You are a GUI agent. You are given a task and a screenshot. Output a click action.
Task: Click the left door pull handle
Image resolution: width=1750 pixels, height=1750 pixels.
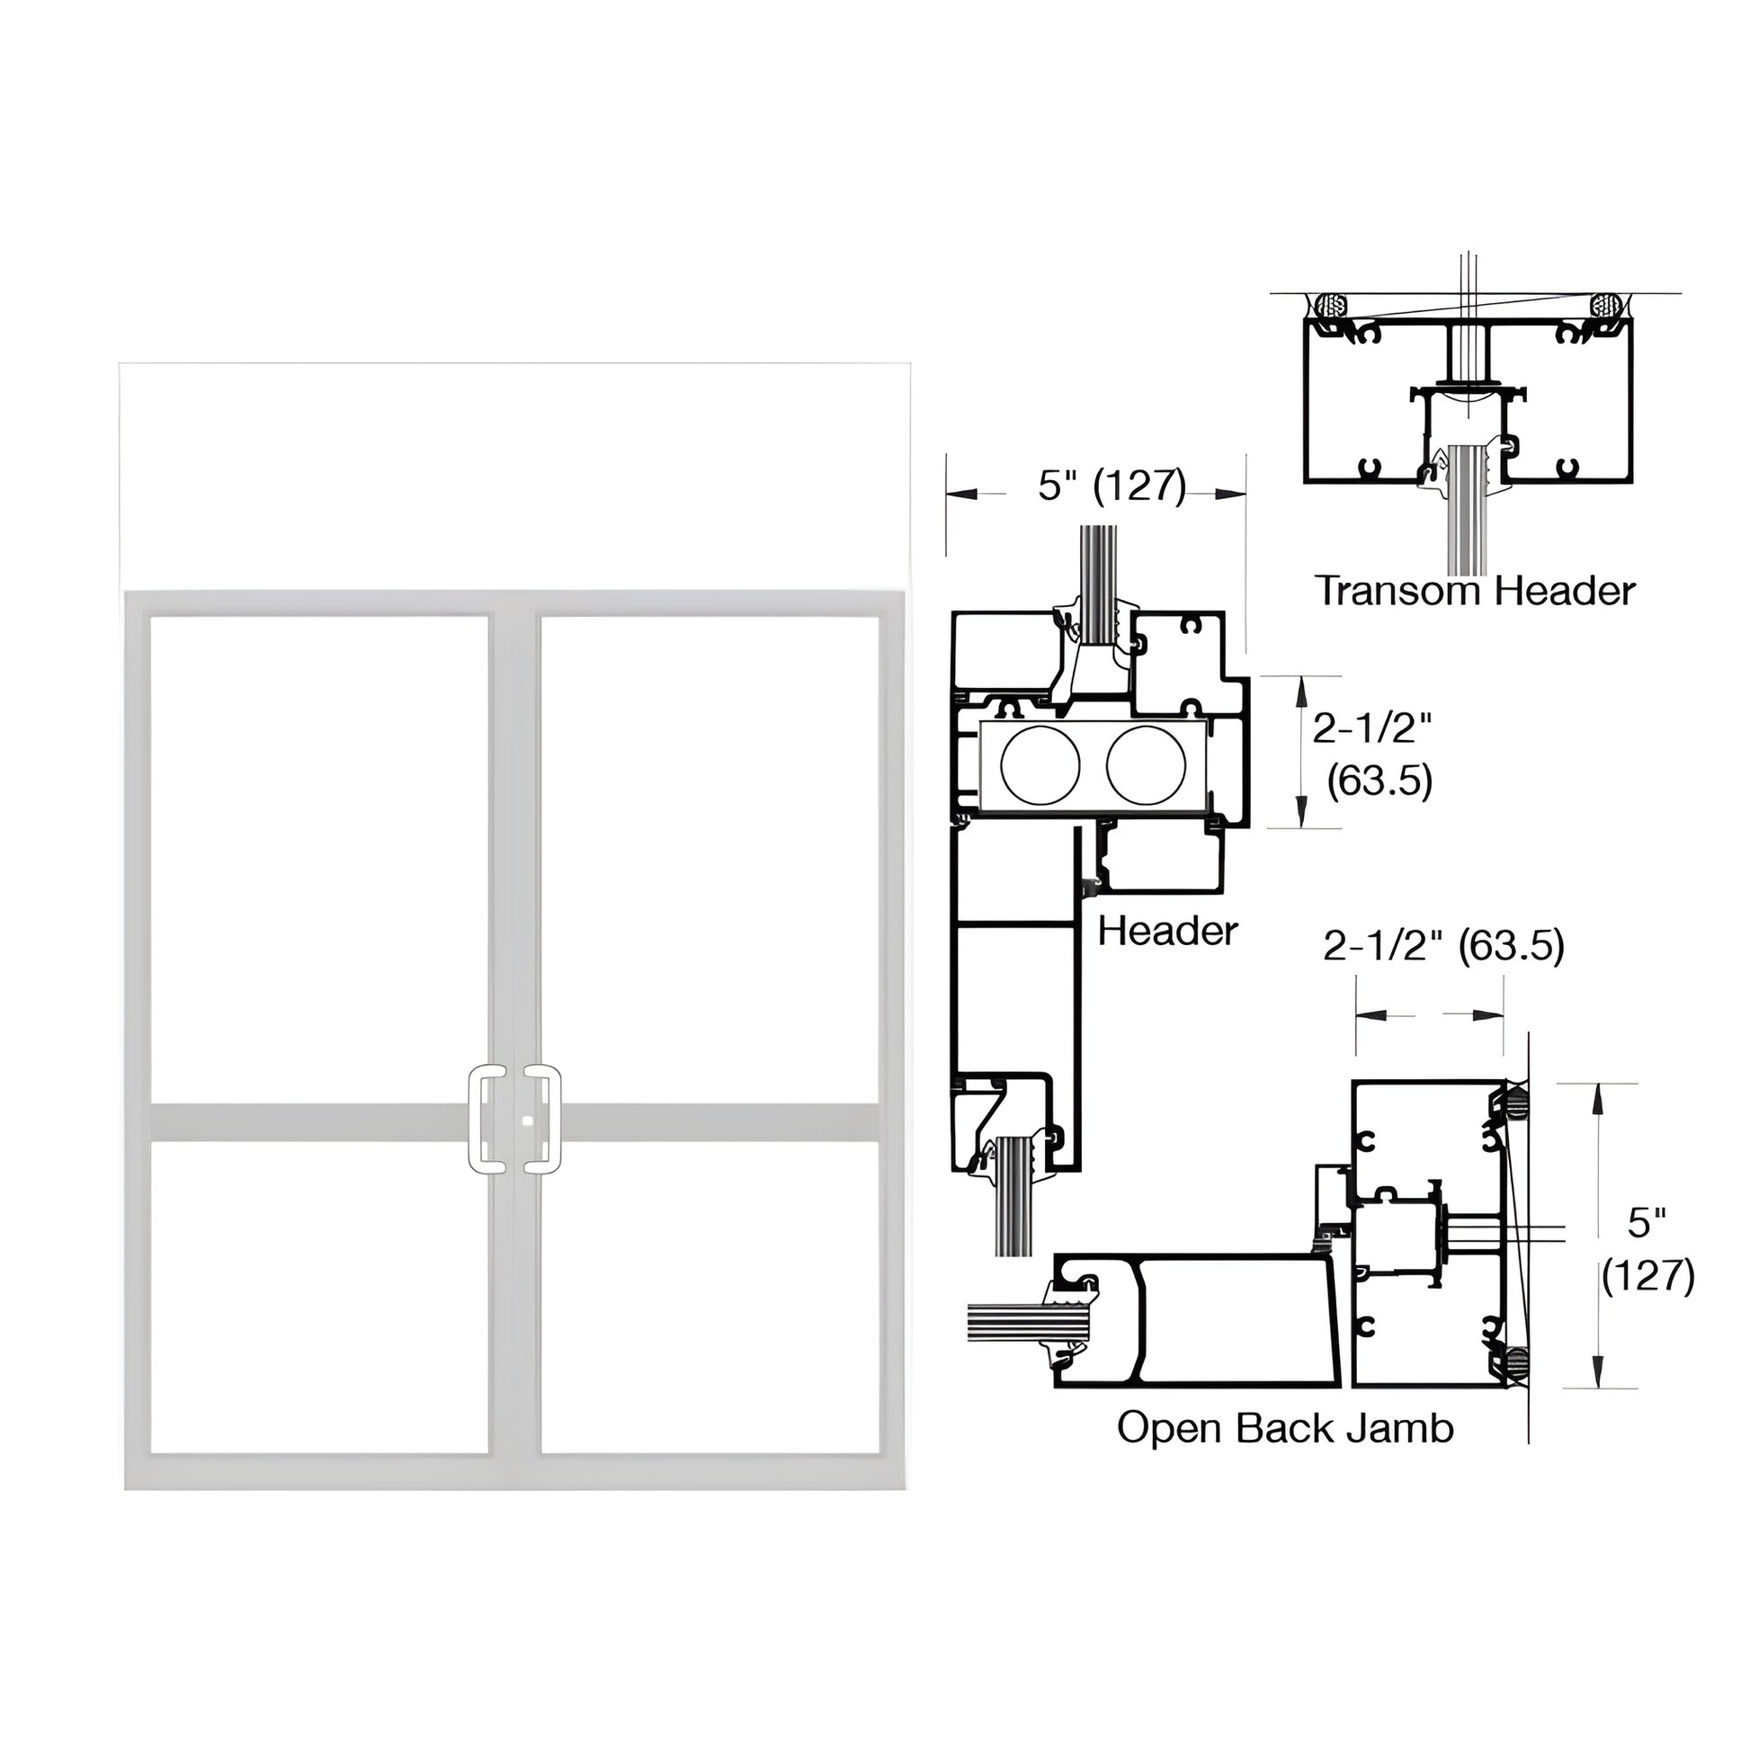487,1120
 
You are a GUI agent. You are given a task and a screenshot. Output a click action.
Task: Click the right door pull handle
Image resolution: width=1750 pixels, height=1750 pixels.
542,1120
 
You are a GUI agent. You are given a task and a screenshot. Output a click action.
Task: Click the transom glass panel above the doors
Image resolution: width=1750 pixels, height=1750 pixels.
514,477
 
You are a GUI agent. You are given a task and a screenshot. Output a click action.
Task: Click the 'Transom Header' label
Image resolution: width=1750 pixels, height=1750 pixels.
1475,592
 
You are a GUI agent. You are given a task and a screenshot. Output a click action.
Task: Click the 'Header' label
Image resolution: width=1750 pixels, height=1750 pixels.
1166,931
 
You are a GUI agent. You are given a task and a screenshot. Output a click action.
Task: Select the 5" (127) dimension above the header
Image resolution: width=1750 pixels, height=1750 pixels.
1112,486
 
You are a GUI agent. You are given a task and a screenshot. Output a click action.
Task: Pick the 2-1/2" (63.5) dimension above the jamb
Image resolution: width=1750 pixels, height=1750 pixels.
1443,946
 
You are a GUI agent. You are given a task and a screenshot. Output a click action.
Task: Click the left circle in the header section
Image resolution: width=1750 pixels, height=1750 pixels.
1040,764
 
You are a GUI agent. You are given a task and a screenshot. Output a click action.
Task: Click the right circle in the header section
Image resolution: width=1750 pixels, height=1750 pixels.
1146,764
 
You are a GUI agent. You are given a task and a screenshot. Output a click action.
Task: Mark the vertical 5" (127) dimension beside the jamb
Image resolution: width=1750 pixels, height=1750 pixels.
1647,1250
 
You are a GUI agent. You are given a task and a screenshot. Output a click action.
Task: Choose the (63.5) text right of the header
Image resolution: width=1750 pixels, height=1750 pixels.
1379,781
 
